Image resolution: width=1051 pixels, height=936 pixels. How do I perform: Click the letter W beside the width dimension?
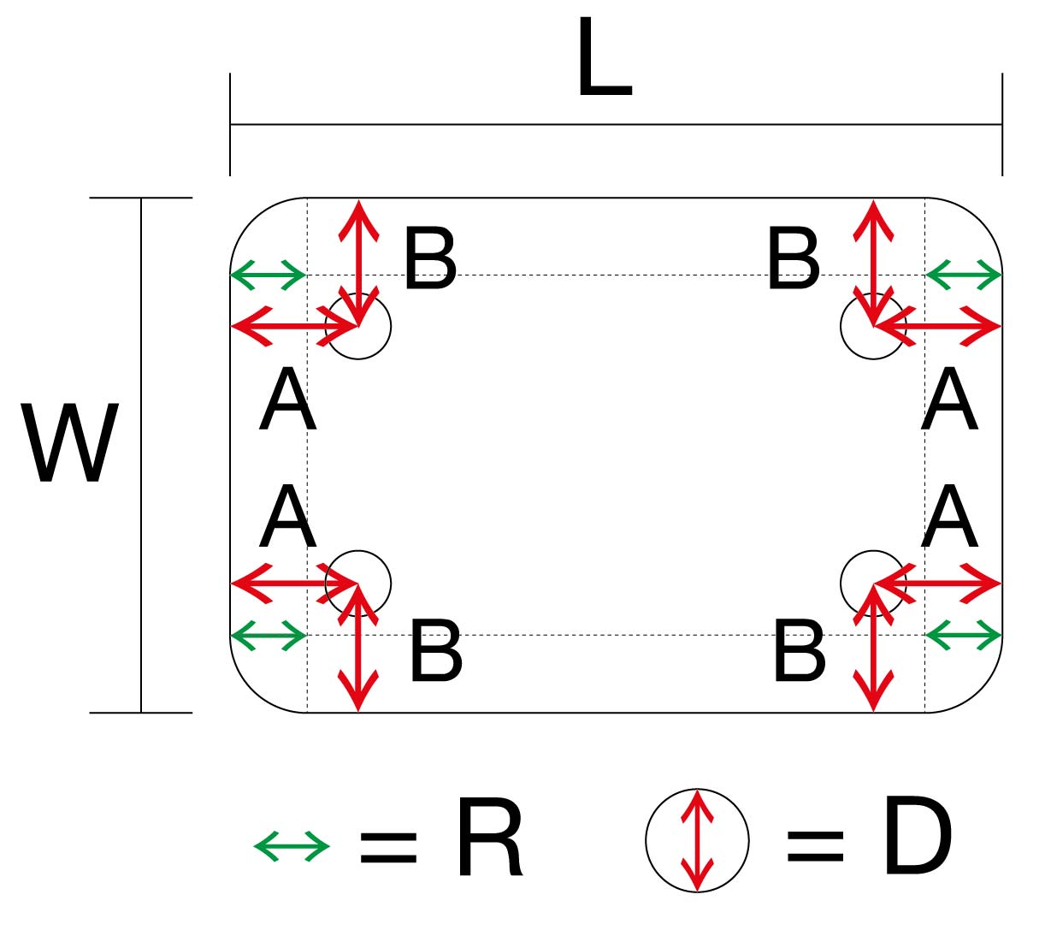click(70, 443)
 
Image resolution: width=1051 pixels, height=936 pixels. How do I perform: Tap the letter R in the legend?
click(489, 838)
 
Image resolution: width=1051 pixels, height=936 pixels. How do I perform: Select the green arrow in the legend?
click(292, 846)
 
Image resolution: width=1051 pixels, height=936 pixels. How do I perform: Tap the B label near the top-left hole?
click(430, 259)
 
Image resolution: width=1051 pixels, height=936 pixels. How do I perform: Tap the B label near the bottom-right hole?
click(799, 653)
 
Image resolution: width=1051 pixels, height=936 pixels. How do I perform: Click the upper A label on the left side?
click(288, 400)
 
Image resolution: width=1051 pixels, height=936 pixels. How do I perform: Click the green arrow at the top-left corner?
click(269, 275)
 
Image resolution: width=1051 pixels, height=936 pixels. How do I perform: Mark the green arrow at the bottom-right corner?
click(963, 635)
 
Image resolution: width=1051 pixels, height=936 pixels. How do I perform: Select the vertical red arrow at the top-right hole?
click(872, 248)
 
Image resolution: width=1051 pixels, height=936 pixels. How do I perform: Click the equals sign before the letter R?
click(388, 846)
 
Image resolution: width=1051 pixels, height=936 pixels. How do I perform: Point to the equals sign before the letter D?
click(814, 846)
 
